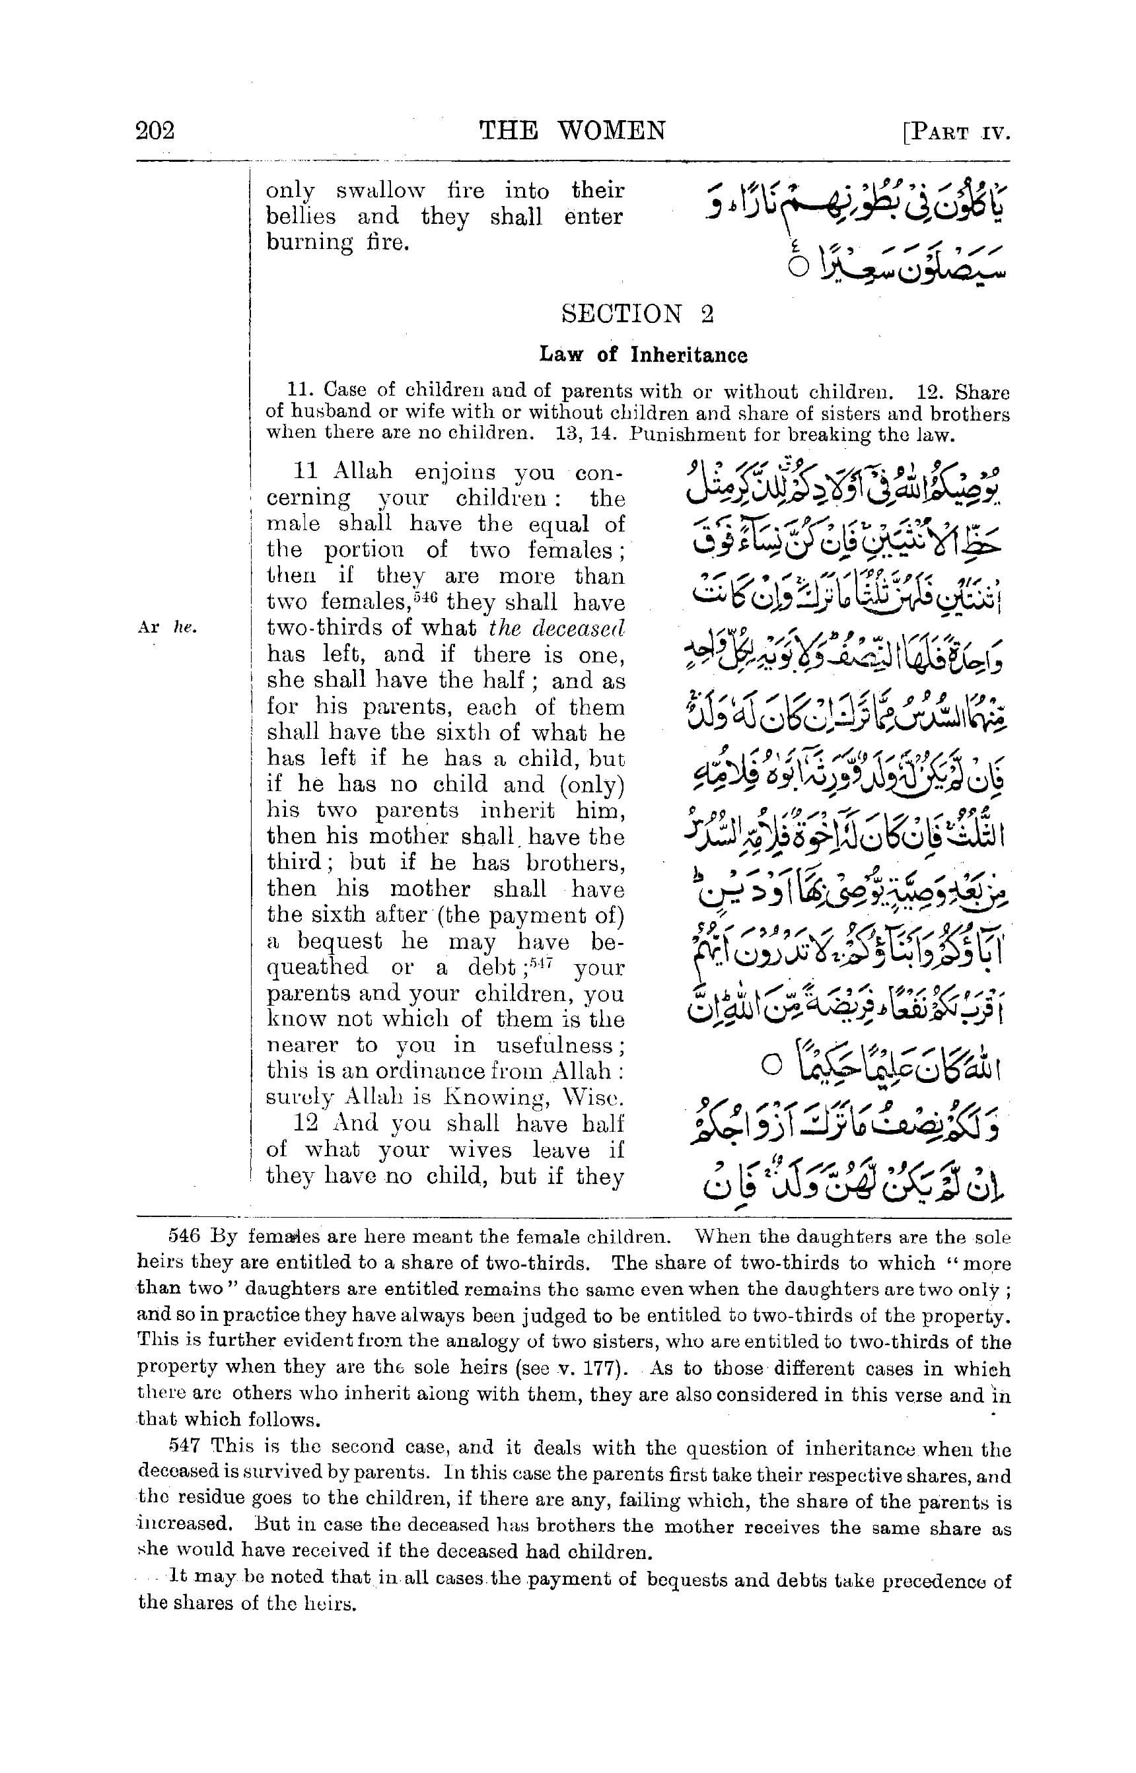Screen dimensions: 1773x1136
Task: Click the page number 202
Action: pyautogui.click(x=155, y=131)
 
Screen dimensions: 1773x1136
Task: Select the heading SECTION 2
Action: pyautogui.click(x=637, y=314)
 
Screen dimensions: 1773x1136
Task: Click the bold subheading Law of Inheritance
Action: pyautogui.click(x=643, y=355)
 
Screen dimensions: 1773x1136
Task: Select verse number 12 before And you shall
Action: pyautogui.click(x=305, y=1123)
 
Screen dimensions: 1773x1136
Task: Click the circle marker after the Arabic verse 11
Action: pyautogui.click(x=770, y=1065)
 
